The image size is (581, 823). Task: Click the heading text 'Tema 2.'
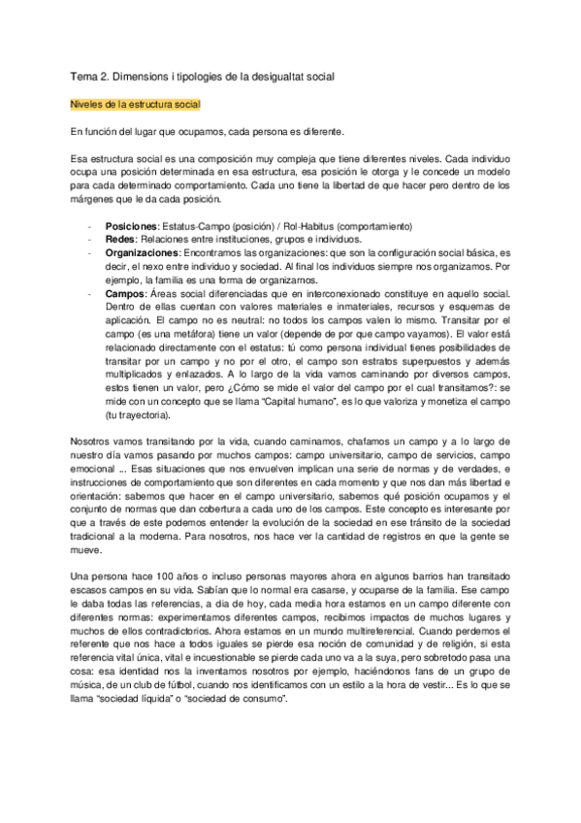pyautogui.click(x=89, y=75)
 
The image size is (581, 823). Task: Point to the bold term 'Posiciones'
pyautogui.click(x=131, y=225)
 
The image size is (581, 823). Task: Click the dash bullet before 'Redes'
pyautogui.click(x=89, y=238)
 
